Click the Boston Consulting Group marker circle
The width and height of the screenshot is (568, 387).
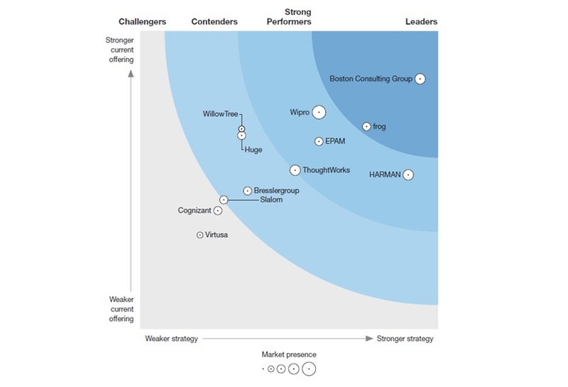pyautogui.click(x=420, y=79)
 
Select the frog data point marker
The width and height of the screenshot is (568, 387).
pyautogui.click(x=366, y=126)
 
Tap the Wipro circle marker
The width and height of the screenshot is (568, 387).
pyautogui.click(x=319, y=112)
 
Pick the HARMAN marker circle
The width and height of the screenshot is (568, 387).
pyautogui.click(x=408, y=175)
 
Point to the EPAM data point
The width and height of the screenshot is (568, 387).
pyautogui.click(x=319, y=141)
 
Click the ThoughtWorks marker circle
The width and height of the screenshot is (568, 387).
pyautogui.click(x=295, y=170)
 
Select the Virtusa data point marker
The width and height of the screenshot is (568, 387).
pyautogui.click(x=200, y=234)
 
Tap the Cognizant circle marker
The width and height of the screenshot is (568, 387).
pyautogui.click(x=218, y=210)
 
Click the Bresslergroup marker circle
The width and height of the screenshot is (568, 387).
pyautogui.click(x=247, y=190)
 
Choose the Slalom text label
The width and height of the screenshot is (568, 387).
pyautogui.click(x=271, y=200)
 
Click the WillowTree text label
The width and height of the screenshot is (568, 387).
pyautogui.click(x=221, y=114)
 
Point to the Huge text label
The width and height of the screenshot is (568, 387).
pyautogui.click(x=253, y=150)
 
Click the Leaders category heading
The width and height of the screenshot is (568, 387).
pyautogui.click(x=421, y=22)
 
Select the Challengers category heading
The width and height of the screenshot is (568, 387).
pyautogui.click(x=142, y=22)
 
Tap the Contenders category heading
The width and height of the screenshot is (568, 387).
pyautogui.click(x=214, y=22)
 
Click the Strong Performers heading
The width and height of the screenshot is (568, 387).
pyautogui.click(x=288, y=17)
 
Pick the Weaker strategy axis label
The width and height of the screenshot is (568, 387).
pyautogui.click(x=171, y=339)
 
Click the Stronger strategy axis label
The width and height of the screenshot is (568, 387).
pyautogui.click(x=405, y=339)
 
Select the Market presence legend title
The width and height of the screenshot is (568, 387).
pyautogui.click(x=289, y=354)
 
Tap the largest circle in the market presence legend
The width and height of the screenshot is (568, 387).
pyautogui.click(x=308, y=369)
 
